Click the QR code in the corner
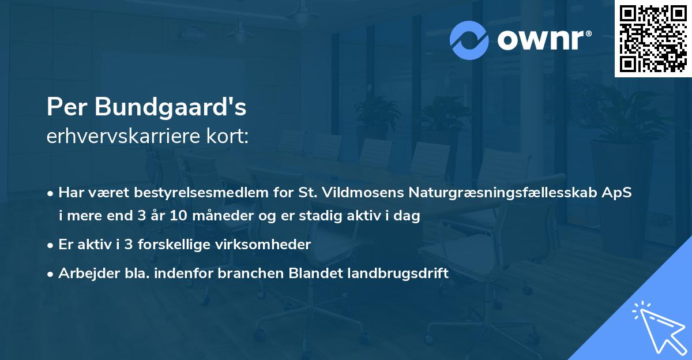tap(653, 38)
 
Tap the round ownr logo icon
tap(469, 40)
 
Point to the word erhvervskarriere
tap(118, 136)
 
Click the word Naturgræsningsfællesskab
tap(494, 193)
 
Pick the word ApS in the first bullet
tap(618, 193)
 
